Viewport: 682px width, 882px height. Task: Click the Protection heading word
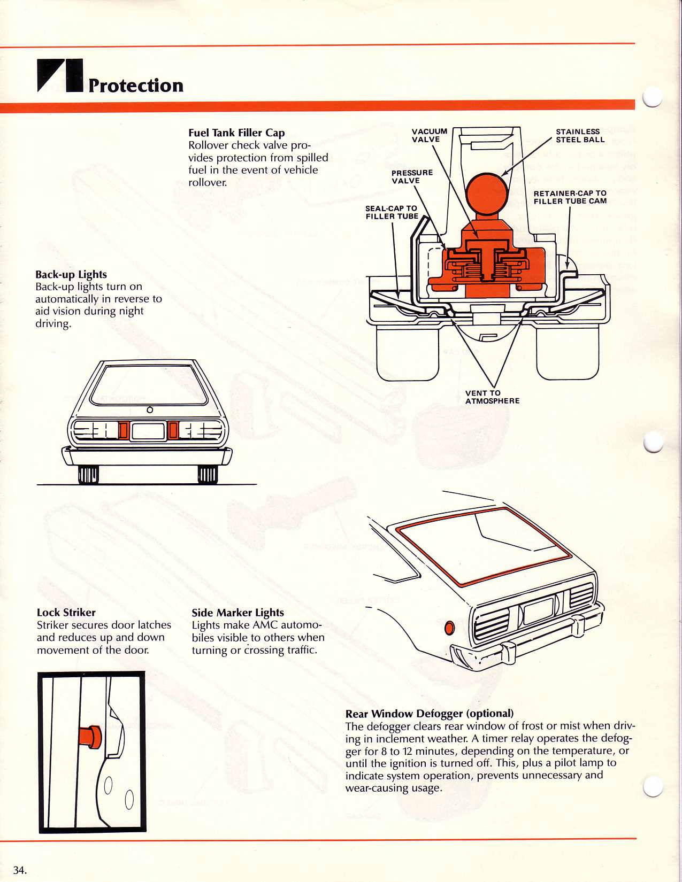(136, 86)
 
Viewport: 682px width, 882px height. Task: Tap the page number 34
(19, 870)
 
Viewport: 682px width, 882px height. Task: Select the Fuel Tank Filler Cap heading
(236, 133)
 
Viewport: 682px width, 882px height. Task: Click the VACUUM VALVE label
(429, 135)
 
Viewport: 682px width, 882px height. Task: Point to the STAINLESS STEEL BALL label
(580, 135)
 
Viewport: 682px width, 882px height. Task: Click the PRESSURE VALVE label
(412, 176)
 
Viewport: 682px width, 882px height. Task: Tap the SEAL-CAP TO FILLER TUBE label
(392, 212)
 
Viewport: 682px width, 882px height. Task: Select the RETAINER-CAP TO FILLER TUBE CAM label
(570, 197)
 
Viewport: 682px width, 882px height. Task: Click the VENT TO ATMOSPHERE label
(492, 397)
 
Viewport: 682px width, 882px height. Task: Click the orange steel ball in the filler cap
(487, 194)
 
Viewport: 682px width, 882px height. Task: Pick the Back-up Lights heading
(71, 275)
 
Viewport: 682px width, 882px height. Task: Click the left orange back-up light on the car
(123, 430)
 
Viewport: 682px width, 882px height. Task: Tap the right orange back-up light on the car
(173, 430)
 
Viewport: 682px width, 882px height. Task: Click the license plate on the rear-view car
(148, 431)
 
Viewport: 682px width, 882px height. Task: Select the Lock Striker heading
(66, 613)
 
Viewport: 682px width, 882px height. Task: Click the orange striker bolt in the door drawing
(89, 737)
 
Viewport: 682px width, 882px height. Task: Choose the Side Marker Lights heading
(237, 613)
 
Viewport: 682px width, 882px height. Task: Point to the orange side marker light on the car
(449, 628)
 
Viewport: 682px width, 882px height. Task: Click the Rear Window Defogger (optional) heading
(429, 714)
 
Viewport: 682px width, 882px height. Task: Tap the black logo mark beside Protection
(60, 75)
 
